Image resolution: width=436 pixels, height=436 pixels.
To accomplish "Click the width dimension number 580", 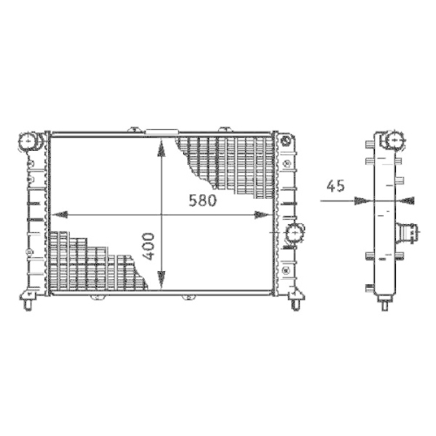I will coord(202,200).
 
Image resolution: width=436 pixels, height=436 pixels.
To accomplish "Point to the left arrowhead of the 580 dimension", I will coord(59,214).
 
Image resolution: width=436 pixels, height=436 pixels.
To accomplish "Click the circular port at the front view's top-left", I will coord(30,140).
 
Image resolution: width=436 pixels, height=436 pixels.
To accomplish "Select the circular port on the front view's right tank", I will coord(296,233).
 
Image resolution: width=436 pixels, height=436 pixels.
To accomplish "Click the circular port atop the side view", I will coord(392,140).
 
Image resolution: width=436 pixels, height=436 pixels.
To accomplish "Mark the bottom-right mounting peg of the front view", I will coord(294,303).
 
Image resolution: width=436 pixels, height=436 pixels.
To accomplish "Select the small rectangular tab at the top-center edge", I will coord(160,133).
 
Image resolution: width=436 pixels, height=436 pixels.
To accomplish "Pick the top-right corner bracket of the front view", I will coord(285,139).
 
